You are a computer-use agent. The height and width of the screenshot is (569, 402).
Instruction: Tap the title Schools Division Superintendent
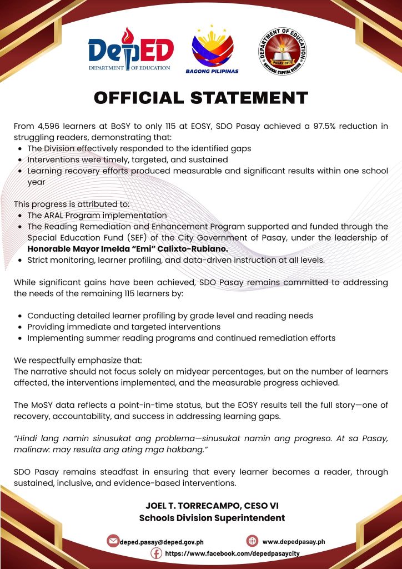pyautogui.click(x=212, y=518)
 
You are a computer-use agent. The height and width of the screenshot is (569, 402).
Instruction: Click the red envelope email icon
pyautogui.click(x=113, y=541)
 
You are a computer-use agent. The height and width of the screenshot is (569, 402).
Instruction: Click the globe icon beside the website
pyautogui.click(x=252, y=541)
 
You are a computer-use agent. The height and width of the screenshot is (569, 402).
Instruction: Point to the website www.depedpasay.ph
pyautogui.click(x=293, y=541)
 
